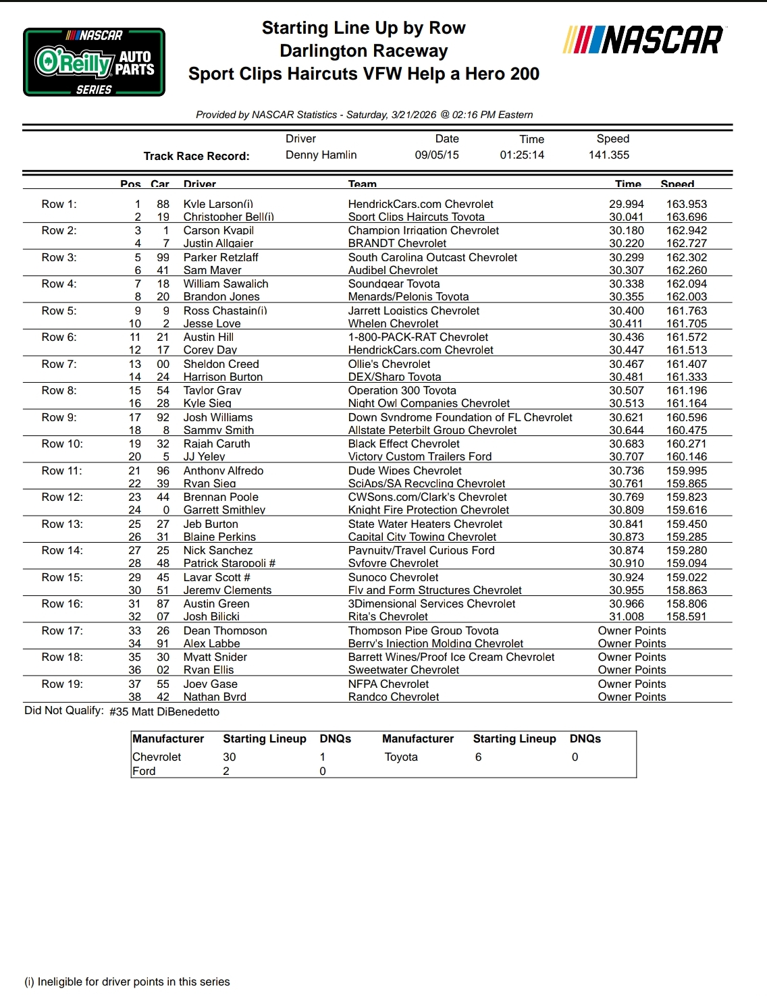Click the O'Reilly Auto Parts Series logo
(94, 62)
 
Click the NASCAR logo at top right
(643, 40)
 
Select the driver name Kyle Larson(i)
(218, 204)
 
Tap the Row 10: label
(62, 443)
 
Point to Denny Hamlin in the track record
(321, 155)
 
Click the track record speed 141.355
(608, 155)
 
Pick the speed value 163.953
(687, 204)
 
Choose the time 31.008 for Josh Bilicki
(627, 616)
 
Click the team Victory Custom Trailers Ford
(420, 456)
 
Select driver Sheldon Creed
(221, 364)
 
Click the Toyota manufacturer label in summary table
(401, 757)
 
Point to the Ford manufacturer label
(144, 771)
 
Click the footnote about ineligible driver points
(127, 981)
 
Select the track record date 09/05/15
(437, 155)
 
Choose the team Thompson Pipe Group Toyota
(423, 630)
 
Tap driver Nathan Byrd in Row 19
(215, 697)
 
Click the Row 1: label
(59, 204)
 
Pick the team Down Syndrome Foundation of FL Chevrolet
(460, 417)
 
